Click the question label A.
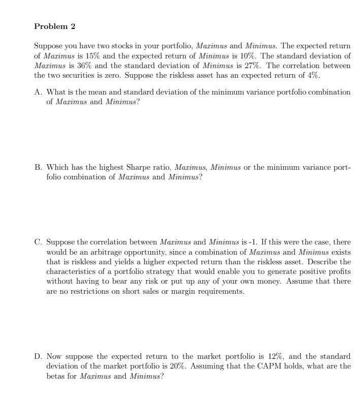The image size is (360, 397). click(x=38, y=92)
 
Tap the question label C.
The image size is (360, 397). click(x=38, y=242)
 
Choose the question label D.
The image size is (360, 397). click(x=38, y=357)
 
